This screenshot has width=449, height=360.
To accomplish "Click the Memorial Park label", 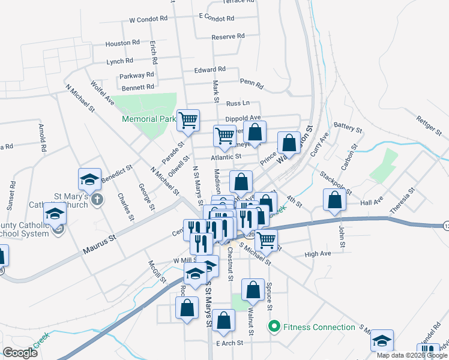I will pyautogui.click(x=148, y=119).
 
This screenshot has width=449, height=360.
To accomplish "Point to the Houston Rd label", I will pyautogui.click(x=122, y=43).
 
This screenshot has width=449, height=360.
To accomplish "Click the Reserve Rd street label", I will pyautogui.click(x=228, y=37).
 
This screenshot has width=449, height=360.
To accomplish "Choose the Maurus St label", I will pyautogui.click(x=99, y=247).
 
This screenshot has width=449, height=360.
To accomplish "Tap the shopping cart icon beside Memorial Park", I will pyautogui.click(x=188, y=119).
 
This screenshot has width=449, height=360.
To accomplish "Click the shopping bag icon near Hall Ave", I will pyautogui.click(x=334, y=200).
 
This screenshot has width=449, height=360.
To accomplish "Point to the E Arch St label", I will pyautogui.click(x=229, y=343).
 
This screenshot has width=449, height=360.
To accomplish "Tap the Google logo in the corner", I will pyautogui.click(x=20, y=353).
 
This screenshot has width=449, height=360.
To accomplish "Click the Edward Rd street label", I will pyautogui.click(x=209, y=70).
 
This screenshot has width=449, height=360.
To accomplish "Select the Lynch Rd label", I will pyautogui.click(x=119, y=61).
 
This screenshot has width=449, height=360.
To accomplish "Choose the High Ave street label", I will pyautogui.click(x=318, y=254).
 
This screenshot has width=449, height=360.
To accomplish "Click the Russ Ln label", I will pyautogui.click(x=238, y=104).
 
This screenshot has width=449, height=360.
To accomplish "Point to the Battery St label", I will pyautogui.click(x=348, y=128).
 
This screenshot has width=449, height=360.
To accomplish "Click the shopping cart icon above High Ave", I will pyautogui.click(x=267, y=240).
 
